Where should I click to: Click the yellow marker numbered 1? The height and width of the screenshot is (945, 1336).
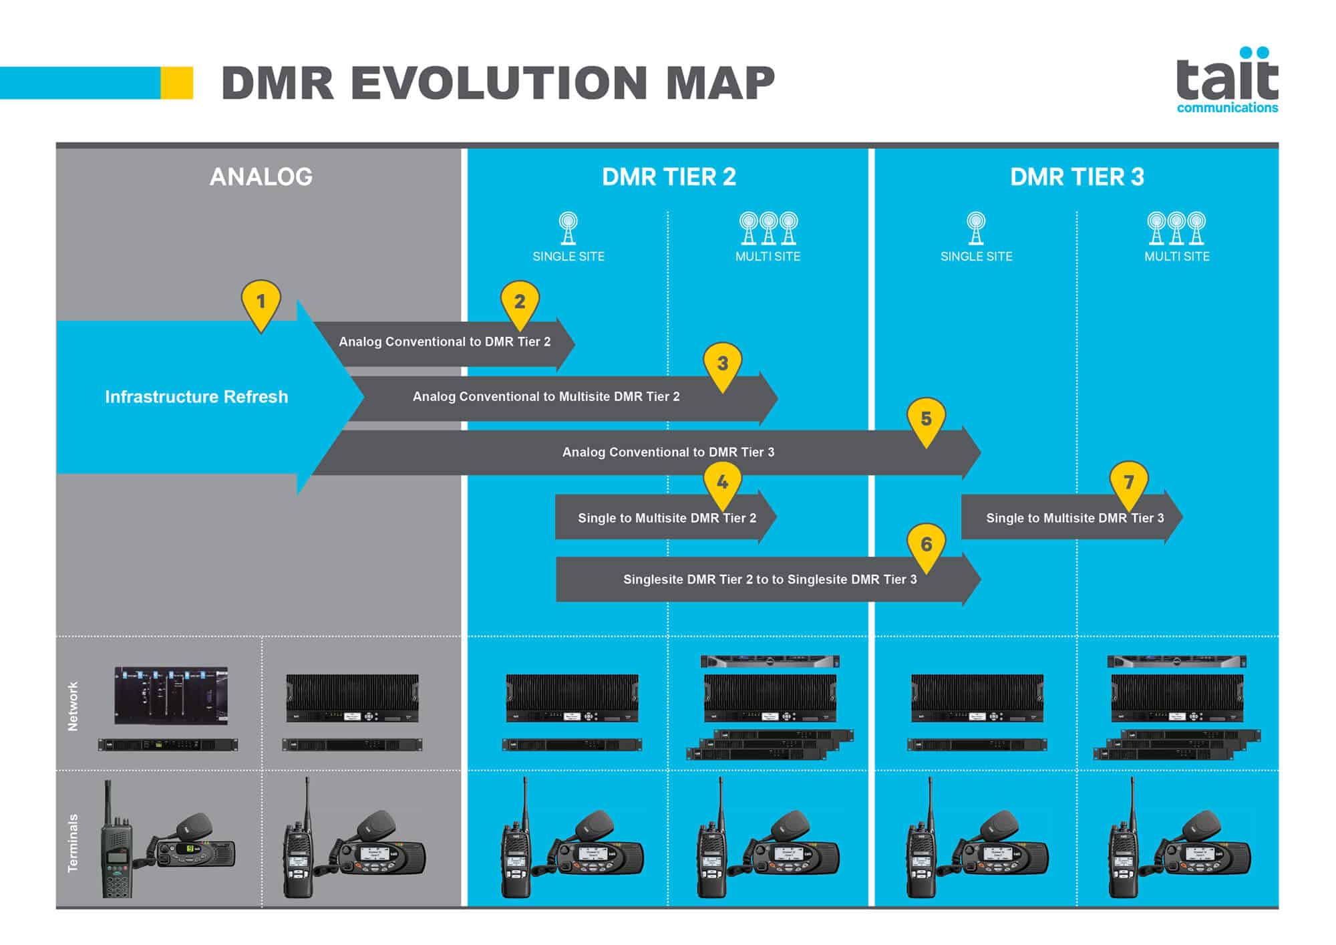[x=261, y=302]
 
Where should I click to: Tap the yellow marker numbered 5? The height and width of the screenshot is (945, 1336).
[x=926, y=420]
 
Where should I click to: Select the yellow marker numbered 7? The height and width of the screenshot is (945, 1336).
[x=1128, y=483]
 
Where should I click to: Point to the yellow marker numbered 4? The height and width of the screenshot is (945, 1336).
[x=722, y=483]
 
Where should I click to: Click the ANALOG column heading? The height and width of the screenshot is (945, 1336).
[x=261, y=177]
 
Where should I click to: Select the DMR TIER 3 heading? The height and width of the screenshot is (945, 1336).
[x=1077, y=177]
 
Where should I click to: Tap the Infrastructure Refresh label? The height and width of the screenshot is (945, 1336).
[x=196, y=397]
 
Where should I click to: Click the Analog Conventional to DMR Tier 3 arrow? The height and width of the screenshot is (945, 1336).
[x=668, y=452]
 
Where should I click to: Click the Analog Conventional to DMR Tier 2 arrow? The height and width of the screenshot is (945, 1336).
[x=444, y=342]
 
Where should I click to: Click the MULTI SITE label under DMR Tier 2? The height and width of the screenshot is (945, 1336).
[x=768, y=257]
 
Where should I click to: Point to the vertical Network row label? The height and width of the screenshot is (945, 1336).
[x=73, y=706]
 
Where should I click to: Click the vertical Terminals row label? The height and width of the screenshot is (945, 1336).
[x=73, y=842]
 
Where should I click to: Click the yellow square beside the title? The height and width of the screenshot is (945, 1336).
[x=177, y=83]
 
